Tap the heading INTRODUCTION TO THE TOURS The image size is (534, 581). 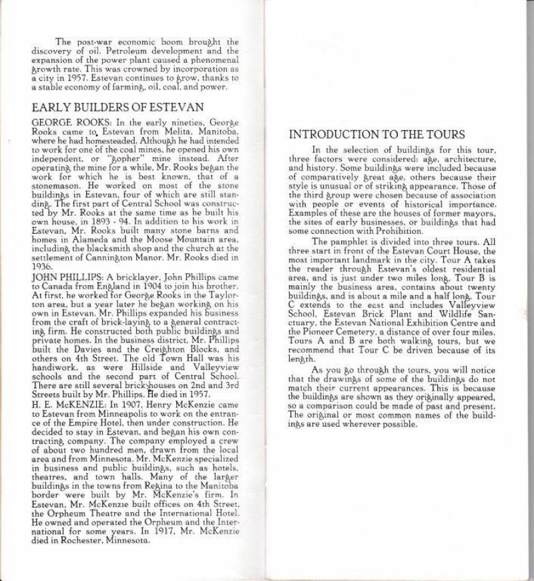point(376,135)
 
